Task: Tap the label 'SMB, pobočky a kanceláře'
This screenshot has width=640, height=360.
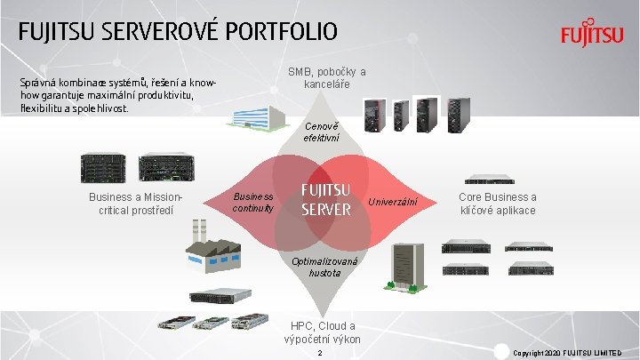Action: [x=326, y=78]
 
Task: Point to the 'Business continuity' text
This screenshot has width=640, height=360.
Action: [x=252, y=203]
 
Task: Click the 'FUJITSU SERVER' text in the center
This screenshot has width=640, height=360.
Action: [x=326, y=200]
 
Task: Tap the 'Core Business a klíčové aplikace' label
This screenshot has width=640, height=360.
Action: [x=497, y=204]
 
